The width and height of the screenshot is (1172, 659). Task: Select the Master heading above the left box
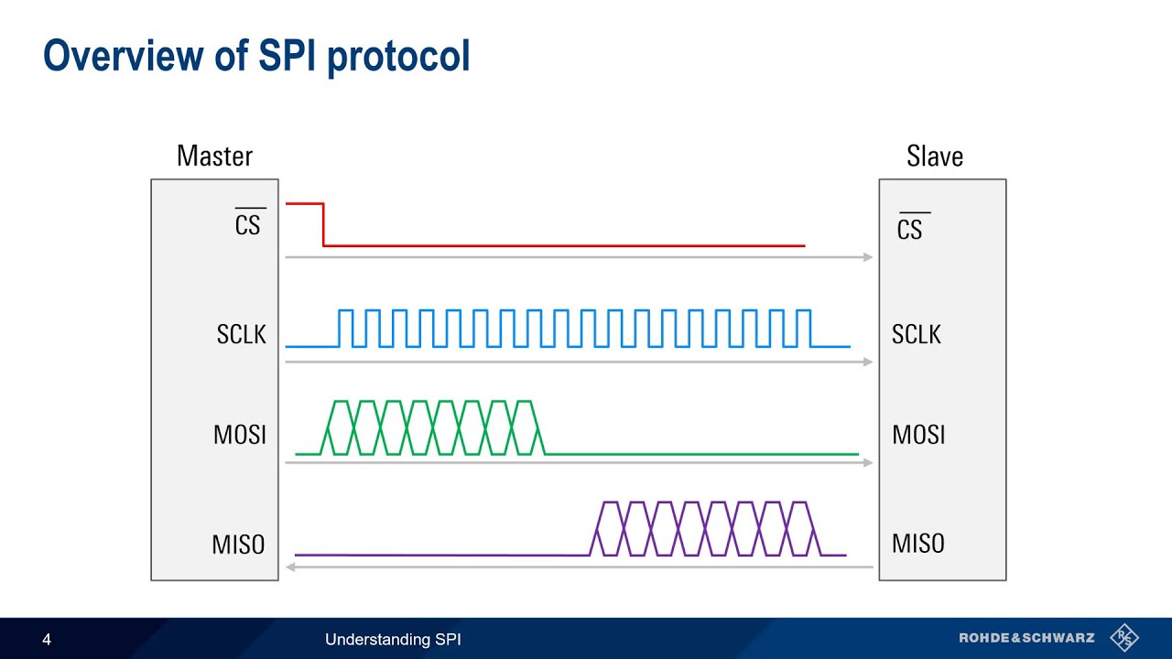click(x=214, y=157)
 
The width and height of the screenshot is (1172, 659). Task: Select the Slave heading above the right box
click(x=935, y=157)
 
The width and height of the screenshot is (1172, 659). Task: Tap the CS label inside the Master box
click(x=248, y=225)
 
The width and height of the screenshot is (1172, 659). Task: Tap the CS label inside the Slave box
click(x=910, y=229)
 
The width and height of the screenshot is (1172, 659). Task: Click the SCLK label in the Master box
click(x=242, y=335)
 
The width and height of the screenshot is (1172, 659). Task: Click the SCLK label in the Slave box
click(x=917, y=335)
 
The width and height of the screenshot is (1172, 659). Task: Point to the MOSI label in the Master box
click(x=240, y=435)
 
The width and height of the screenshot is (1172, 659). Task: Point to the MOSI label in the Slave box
click(x=918, y=435)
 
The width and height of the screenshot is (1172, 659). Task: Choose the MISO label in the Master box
click(x=238, y=545)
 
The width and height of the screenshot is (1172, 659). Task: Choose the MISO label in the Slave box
click(x=918, y=544)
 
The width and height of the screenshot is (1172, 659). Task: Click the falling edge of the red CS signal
click(x=323, y=225)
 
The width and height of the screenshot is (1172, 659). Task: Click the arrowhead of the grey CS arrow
click(x=868, y=257)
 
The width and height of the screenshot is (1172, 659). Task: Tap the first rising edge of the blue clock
click(x=339, y=329)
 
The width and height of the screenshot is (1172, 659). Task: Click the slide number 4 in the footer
click(x=47, y=640)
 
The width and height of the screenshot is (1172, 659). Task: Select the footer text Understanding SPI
click(x=393, y=640)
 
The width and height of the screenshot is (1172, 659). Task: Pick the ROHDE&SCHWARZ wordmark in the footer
click(x=1026, y=638)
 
